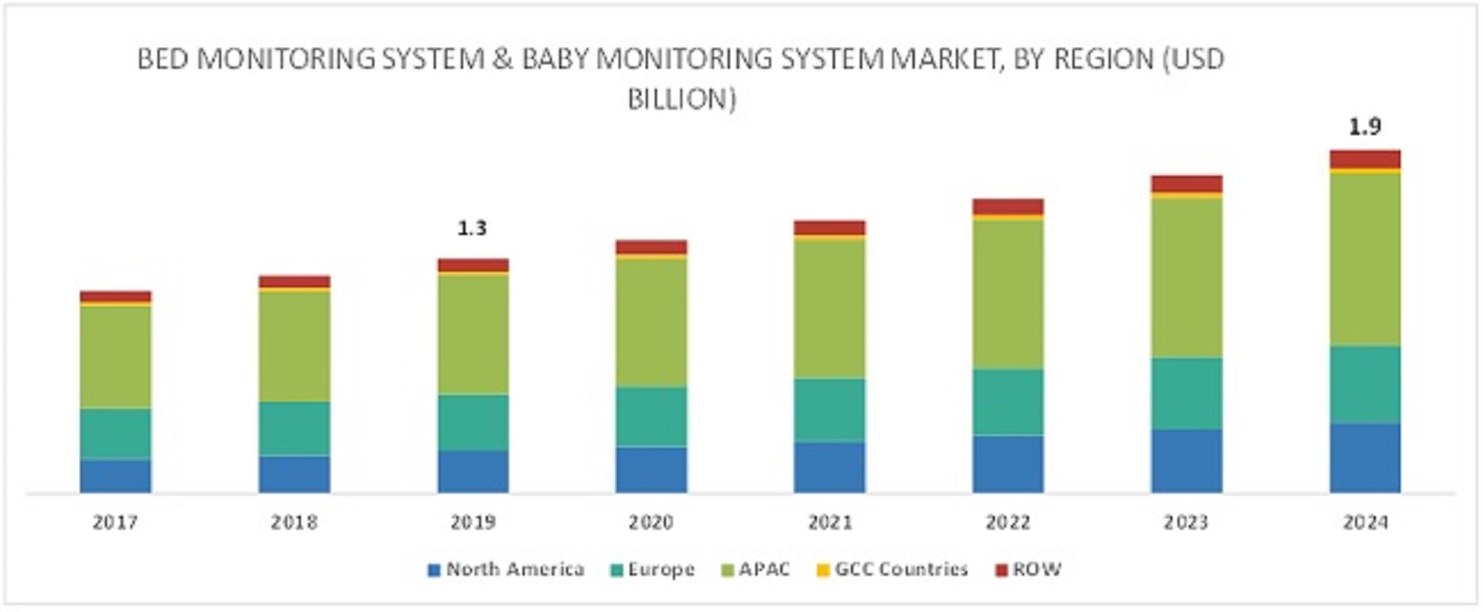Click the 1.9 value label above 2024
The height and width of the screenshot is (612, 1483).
click(x=1364, y=127)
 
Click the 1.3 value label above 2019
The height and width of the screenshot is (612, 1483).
click(x=472, y=228)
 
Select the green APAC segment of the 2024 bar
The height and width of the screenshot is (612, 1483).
click(x=1364, y=258)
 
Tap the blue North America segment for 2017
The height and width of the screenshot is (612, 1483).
click(x=115, y=475)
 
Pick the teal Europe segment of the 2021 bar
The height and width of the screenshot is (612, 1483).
click(x=829, y=410)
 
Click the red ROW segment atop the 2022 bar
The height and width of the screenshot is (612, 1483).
click(x=1007, y=207)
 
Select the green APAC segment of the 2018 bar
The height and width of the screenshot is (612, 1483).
click(x=294, y=345)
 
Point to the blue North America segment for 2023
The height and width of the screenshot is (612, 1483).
click(x=1186, y=461)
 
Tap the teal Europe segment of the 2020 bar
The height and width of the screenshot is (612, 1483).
click(x=650, y=416)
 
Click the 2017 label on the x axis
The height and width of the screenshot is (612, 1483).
click(x=115, y=522)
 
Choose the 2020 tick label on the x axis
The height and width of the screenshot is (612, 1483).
click(x=650, y=522)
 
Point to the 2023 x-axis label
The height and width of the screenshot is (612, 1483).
click(x=1186, y=522)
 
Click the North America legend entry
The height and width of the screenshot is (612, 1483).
click(x=514, y=569)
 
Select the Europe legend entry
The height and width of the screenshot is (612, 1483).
click(x=660, y=569)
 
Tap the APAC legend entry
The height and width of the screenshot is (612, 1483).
click(x=764, y=569)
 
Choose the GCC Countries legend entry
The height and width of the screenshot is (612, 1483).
click(x=900, y=569)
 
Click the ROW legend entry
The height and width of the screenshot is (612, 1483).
click(x=1036, y=569)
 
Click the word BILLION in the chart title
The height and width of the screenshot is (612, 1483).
click(x=681, y=98)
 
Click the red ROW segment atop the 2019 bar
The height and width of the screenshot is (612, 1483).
click(x=472, y=265)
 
